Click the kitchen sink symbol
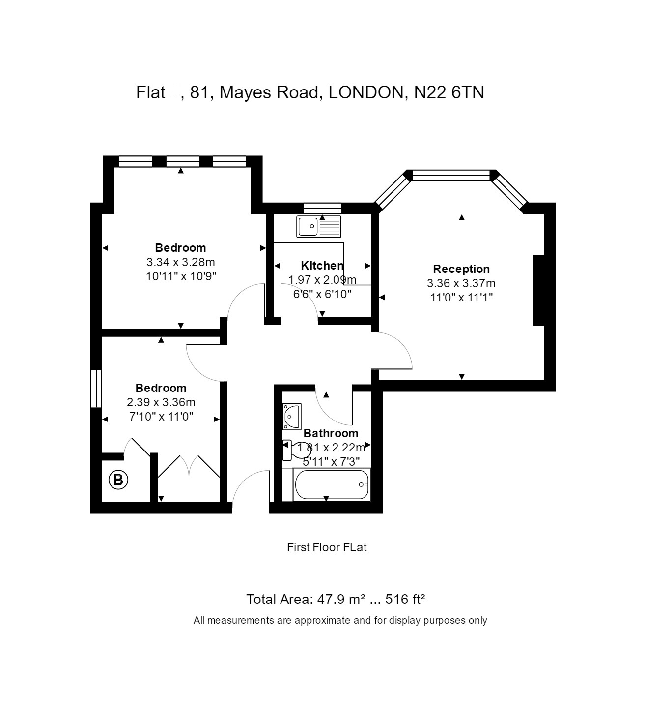pyautogui.click(x=319, y=227)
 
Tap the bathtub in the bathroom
pyautogui.click(x=332, y=485)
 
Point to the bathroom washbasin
pyautogui.click(x=291, y=417)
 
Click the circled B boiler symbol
pyautogui.click(x=118, y=479)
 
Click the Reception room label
pyautogui.click(x=461, y=269)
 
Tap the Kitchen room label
pyautogui.click(x=322, y=266)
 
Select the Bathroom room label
pyautogui.click(x=331, y=433)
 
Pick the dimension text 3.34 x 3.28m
pyautogui.click(x=180, y=262)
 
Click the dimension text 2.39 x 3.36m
pyautogui.click(x=161, y=402)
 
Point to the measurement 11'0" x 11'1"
pyautogui.click(x=461, y=298)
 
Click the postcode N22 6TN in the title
pyautogui.click(x=449, y=92)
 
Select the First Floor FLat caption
pyautogui.click(x=327, y=547)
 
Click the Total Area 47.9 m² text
pyautogui.click(x=305, y=600)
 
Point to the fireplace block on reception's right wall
pyautogui.click(x=539, y=290)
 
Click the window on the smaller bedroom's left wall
pyautogui.click(x=96, y=389)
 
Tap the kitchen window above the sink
pyautogui.click(x=322, y=208)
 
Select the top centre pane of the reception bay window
pyautogui.click(x=451, y=176)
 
